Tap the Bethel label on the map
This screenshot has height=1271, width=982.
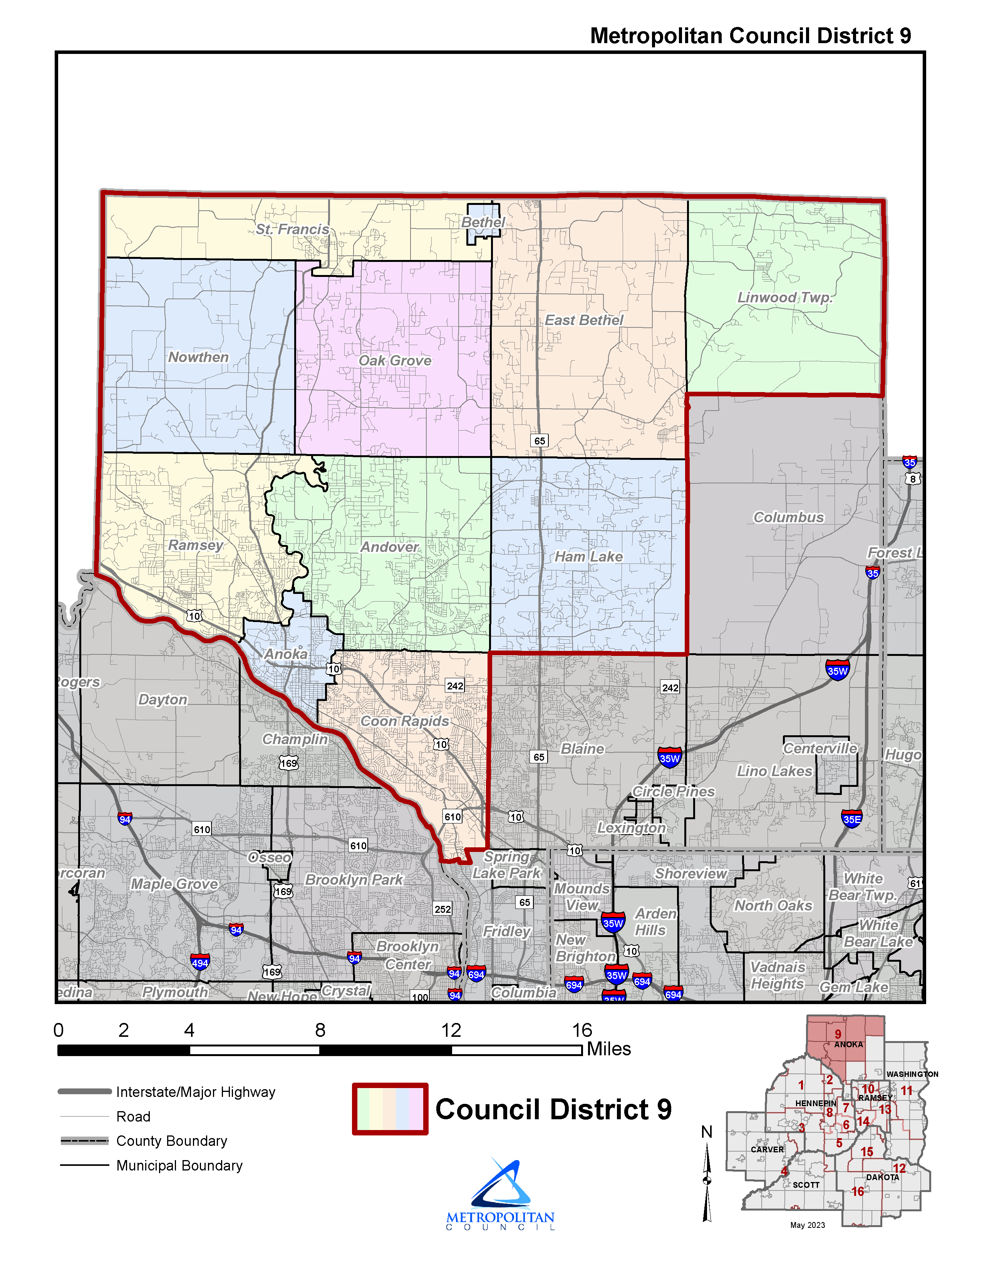pyautogui.click(x=483, y=222)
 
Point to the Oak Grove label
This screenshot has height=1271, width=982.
pyautogui.click(x=395, y=361)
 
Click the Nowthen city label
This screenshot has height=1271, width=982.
pyautogui.click(x=198, y=357)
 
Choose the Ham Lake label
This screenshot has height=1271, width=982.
pyautogui.click(x=588, y=557)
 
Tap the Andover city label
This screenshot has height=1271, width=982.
pyautogui.click(x=389, y=547)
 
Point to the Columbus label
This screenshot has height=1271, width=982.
pyautogui.click(x=788, y=517)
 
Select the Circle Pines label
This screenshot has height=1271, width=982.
pyautogui.click(x=673, y=791)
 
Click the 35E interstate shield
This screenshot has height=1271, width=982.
pyautogui.click(x=852, y=819)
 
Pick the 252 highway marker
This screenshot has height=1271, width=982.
pyautogui.click(x=443, y=909)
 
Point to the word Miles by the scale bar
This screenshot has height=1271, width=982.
pyautogui.click(x=608, y=1049)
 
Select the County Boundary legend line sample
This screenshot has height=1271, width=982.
pyautogui.click(x=84, y=1141)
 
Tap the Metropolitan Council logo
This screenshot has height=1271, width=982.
pyautogui.click(x=500, y=1193)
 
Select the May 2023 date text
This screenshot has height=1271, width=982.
pyautogui.click(x=808, y=1225)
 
